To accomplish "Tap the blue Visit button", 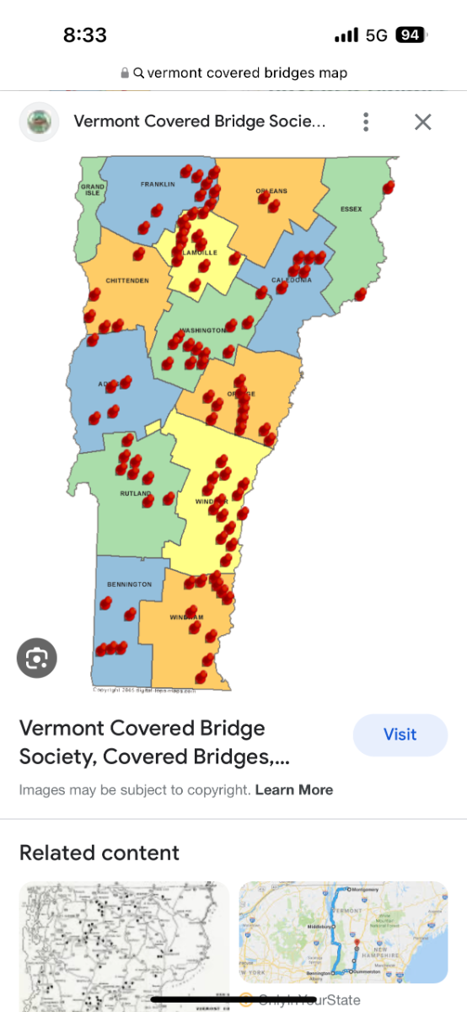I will coord(400,735).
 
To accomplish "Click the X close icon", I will coord(422,121).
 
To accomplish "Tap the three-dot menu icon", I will coord(366,121).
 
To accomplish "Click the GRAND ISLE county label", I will coord(92,190).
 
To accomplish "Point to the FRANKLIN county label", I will coord(158,184).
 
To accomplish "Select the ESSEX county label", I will coord(351,209).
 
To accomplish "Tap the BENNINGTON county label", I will coord(129,584).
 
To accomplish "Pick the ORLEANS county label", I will coord(271,191).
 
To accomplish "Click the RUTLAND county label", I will coord(136,493).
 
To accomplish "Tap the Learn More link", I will coord(294,790).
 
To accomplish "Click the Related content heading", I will coord(99,853).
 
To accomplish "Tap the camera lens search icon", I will coord(37,659).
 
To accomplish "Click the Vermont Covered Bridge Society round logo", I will coord(39,121).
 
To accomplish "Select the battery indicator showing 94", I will coord(411,35).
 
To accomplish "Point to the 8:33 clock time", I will coord(85,35).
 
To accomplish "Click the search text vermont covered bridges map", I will coord(247,73).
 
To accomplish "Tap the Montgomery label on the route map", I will coord(366,890).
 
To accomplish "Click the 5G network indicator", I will coord(376,35).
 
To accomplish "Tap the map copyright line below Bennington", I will coord(143,690).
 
